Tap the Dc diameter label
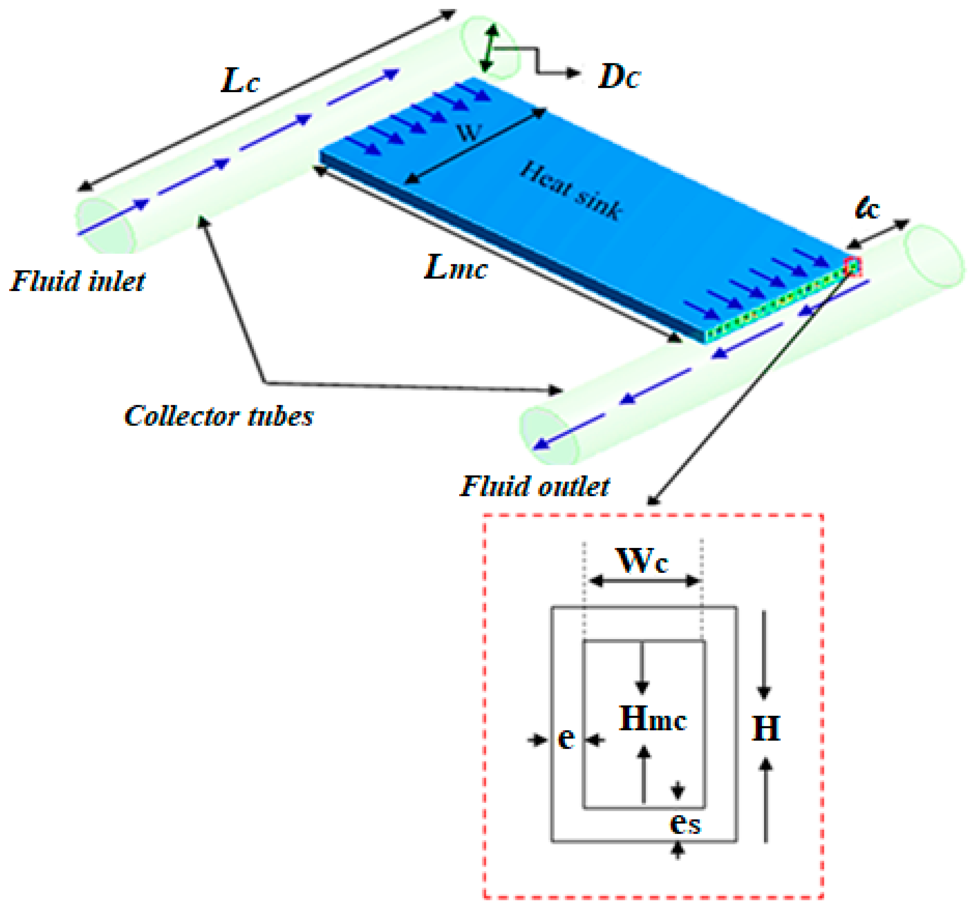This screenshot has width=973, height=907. pyautogui.click(x=619, y=77)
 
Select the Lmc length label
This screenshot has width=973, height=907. pyautogui.click(x=455, y=268)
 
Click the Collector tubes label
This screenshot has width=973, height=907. pyautogui.click(x=219, y=416)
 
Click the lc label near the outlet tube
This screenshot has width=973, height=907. pyautogui.click(x=867, y=209)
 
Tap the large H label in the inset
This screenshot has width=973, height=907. pyautogui.click(x=765, y=728)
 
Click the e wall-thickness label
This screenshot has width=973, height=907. pyautogui.click(x=566, y=738)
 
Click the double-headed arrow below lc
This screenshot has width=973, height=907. pyautogui.click(x=878, y=233)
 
